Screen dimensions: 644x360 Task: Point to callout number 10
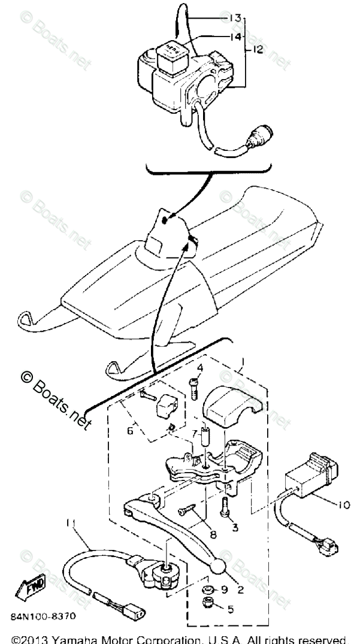click(343, 504)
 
